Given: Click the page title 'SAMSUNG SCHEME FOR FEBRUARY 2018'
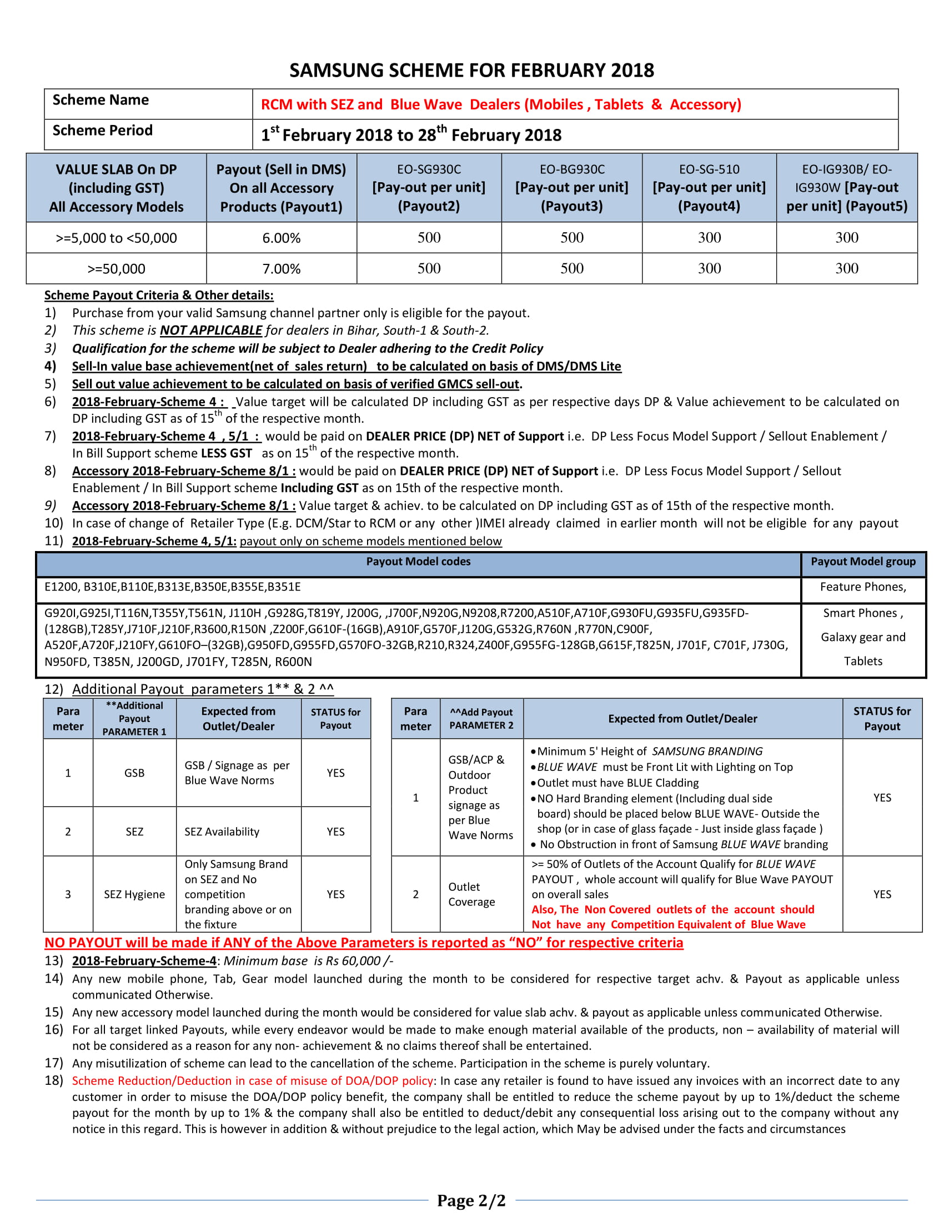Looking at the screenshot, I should (471, 71).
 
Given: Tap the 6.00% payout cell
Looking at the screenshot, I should (282, 238).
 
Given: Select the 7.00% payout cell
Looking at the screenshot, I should (282, 269).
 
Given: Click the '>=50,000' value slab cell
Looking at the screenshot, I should (116, 269).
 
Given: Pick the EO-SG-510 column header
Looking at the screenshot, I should (709, 187).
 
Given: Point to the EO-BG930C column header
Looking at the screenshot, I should (571, 187).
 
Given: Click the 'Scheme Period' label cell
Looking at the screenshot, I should (103, 131).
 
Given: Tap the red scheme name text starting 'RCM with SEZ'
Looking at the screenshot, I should (500, 104).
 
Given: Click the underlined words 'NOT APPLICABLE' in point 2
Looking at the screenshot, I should (211, 330).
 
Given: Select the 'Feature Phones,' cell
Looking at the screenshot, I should (863, 587).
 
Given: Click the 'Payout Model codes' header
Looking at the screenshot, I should (418, 561).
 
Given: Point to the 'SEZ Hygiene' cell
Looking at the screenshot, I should (134, 894).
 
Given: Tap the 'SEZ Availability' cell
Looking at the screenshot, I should (222, 832).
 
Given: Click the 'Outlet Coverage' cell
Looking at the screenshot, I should (471, 894).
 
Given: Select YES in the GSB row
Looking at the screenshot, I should (335, 773).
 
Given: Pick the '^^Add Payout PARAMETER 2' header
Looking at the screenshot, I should (481, 718).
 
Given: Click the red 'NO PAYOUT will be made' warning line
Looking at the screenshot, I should (364, 943).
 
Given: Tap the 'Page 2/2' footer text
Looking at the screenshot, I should (471, 1200).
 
